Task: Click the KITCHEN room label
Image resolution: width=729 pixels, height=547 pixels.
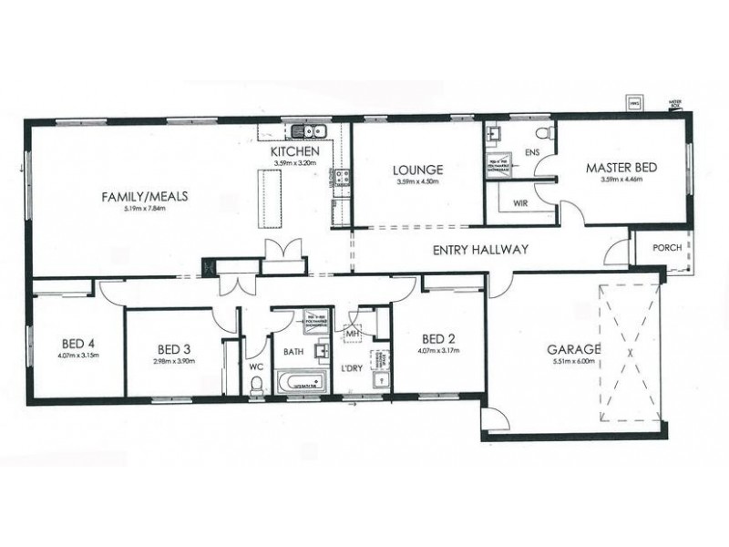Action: pyautogui.click(x=294, y=152)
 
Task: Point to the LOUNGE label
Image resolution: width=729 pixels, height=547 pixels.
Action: pyautogui.click(x=418, y=170)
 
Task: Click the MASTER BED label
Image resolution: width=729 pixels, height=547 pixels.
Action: pyautogui.click(x=621, y=168)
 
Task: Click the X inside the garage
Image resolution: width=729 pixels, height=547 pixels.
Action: pyautogui.click(x=629, y=349)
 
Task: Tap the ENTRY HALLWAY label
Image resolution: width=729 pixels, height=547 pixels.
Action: pyautogui.click(x=480, y=250)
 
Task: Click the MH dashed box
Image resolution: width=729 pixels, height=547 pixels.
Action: pyautogui.click(x=352, y=335)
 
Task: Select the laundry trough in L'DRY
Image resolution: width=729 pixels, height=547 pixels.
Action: pyautogui.click(x=382, y=381)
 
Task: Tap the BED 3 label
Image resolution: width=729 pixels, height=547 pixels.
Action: pyautogui.click(x=173, y=349)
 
